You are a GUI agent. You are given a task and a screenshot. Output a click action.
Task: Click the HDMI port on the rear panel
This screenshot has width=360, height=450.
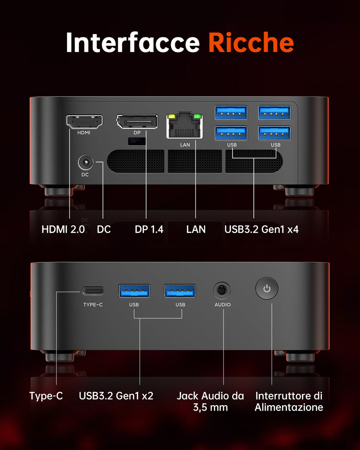pyautogui.click(x=84, y=121)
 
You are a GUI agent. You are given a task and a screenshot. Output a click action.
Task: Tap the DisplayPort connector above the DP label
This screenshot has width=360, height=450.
pyautogui.click(x=137, y=121)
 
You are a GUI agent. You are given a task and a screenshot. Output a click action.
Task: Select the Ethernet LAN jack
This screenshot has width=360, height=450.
pyautogui.click(x=184, y=126)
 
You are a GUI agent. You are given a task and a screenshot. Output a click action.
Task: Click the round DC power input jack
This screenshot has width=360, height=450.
pyautogui.click(x=85, y=162)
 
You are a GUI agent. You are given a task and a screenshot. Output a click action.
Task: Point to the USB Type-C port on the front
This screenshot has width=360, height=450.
pyautogui.click(x=93, y=291)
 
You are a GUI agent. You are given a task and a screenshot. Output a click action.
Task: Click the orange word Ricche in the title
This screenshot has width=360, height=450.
pyautogui.click(x=251, y=42)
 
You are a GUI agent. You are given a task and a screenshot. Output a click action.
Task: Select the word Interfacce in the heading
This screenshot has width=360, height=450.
pyautogui.click(x=132, y=42)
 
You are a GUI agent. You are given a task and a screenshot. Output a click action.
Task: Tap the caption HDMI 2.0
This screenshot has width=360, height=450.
pyautogui.click(x=63, y=229)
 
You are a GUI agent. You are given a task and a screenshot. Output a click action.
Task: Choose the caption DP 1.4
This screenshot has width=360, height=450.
pyautogui.click(x=149, y=229)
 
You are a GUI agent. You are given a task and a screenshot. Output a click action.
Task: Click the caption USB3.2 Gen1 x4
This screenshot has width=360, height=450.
pyautogui.click(x=261, y=229)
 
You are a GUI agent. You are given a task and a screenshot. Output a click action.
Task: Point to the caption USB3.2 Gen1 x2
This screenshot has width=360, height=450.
pyautogui.click(x=116, y=396)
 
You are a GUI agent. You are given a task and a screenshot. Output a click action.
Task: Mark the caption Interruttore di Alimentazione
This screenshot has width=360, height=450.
pyautogui.click(x=289, y=401)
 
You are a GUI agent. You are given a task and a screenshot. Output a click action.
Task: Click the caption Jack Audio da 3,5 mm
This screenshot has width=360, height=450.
pyautogui.click(x=211, y=401)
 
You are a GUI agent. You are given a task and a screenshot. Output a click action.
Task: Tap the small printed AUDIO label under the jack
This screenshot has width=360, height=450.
pyautogui.click(x=222, y=305)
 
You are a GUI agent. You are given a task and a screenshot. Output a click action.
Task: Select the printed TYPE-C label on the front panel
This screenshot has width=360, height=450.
pyautogui.click(x=93, y=305)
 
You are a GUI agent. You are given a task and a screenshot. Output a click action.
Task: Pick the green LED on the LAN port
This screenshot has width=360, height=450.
pyautogui.click(x=198, y=117)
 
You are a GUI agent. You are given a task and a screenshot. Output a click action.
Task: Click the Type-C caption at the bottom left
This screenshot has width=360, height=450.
pyautogui.click(x=46, y=396)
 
